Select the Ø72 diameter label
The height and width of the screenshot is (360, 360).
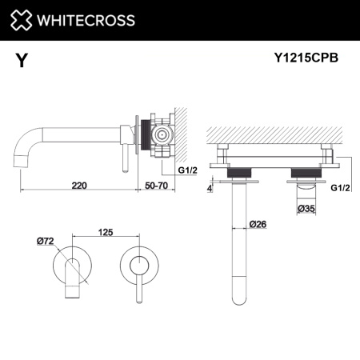click(x=45, y=239)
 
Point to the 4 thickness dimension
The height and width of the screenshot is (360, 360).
click(x=210, y=190)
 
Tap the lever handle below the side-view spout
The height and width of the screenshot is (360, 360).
click(x=124, y=157)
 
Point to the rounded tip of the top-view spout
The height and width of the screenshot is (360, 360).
click(x=239, y=301)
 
